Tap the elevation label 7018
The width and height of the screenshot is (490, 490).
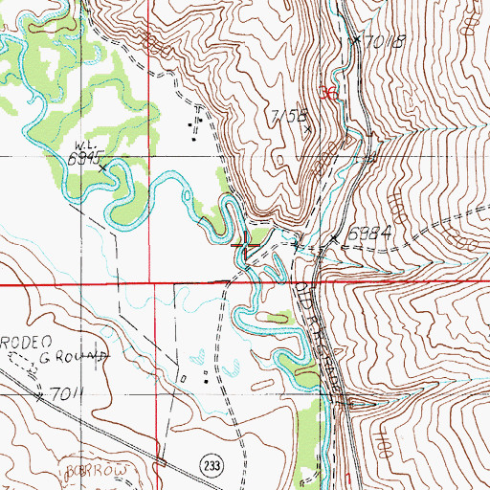386,41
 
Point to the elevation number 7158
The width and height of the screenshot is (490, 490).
287,116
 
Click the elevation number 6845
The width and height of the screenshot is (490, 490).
83,160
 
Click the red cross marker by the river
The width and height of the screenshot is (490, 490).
247,246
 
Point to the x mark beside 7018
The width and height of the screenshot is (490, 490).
356,40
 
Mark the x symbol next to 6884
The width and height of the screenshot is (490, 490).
334,237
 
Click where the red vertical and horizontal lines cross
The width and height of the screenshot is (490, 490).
149,284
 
